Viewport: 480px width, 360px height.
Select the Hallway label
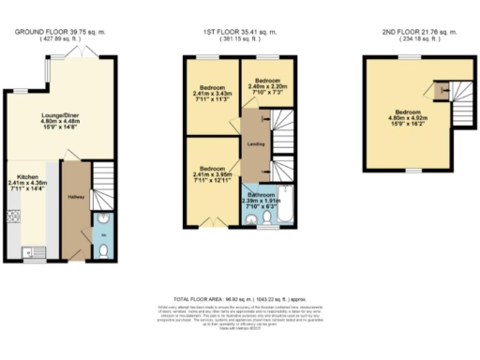point(76,198)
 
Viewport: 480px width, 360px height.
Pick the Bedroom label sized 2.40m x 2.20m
point(270,85)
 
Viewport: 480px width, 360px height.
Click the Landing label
point(254,143)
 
